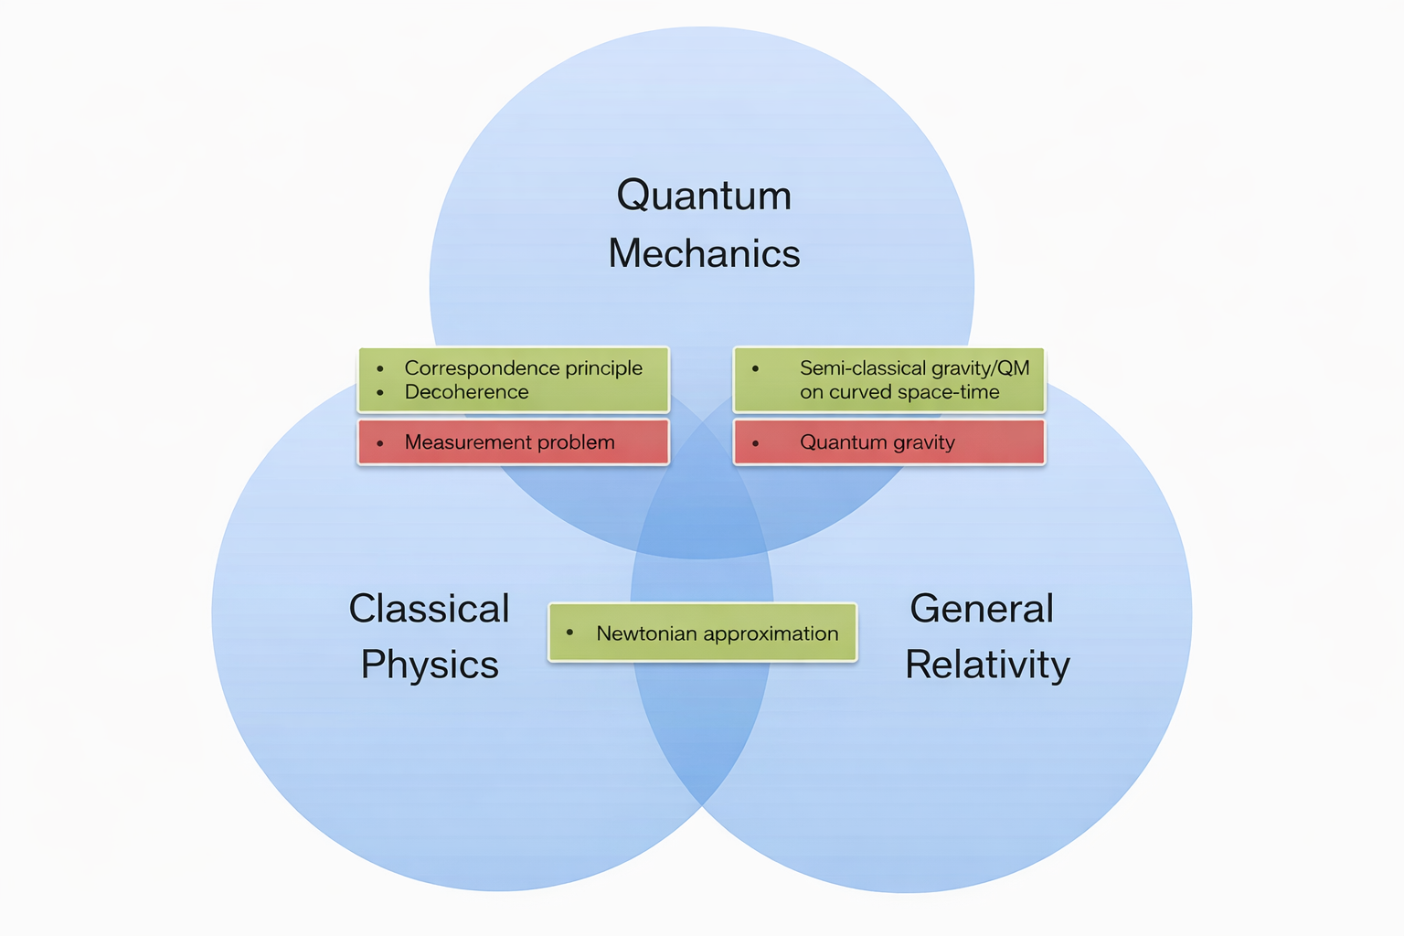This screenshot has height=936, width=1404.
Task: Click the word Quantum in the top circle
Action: point(704,196)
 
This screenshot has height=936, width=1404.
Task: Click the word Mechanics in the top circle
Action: point(704,253)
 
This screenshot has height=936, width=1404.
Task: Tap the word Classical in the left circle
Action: point(429,609)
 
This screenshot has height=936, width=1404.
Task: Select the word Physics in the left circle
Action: point(430,665)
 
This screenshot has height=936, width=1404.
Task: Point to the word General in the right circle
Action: point(982,609)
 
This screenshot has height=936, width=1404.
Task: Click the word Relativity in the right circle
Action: point(987,665)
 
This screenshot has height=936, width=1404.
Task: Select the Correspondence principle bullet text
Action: point(523,367)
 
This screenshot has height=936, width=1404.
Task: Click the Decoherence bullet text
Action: point(466,392)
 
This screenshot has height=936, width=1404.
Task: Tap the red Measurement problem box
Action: point(513,442)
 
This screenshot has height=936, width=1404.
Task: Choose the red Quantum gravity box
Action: point(888,442)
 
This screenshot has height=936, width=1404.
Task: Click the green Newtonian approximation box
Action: point(702,633)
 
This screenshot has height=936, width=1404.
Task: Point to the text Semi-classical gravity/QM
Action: point(914,367)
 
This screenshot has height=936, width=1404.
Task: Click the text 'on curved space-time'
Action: point(899,392)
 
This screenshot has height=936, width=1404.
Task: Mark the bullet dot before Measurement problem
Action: point(379,443)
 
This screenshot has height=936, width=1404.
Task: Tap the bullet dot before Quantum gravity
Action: point(755,443)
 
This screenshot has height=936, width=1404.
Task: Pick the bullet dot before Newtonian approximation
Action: point(569,633)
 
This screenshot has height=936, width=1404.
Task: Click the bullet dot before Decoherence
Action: point(379,393)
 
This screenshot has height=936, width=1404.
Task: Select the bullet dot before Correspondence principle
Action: point(379,368)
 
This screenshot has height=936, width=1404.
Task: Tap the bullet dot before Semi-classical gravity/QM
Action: point(755,368)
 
